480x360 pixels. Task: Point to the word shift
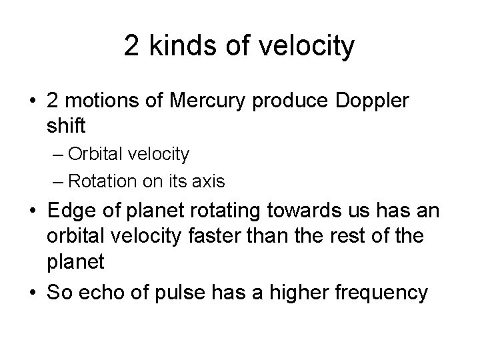click(65, 125)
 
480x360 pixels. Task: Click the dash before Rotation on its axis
click(59, 181)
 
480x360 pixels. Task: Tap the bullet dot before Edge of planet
click(31, 212)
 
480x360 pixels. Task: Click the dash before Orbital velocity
click(59, 155)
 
